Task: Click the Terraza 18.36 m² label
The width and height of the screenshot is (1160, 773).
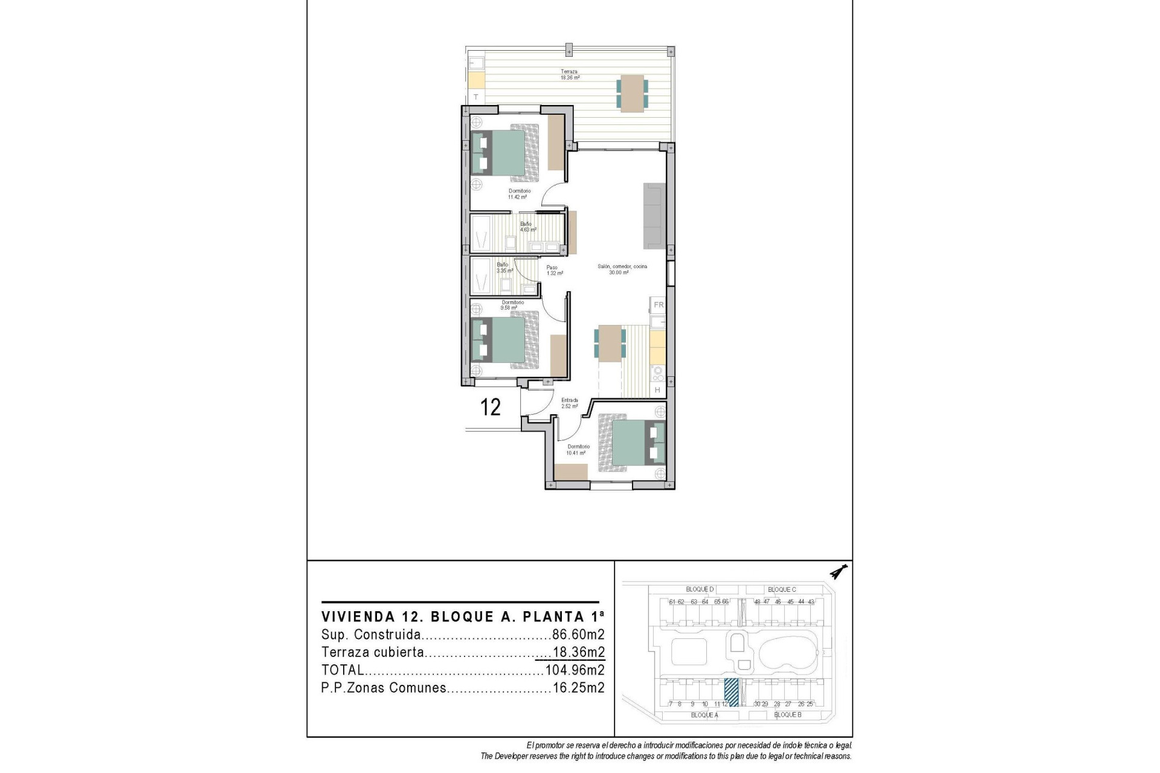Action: [x=569, y=74]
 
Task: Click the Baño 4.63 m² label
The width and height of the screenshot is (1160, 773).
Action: [x=528, y=226]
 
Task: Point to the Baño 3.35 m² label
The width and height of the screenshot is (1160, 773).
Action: [x=504, y=268]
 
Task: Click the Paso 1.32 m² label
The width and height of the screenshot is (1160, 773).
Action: [x=555, y=270]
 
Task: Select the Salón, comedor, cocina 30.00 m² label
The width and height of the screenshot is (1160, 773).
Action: [x=622, y=269]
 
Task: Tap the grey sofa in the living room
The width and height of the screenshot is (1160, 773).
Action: [x=654, y=216]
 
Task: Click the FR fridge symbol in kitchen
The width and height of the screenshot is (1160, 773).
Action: [x=659, y=305]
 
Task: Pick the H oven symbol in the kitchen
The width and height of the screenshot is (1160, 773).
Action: [x=658, y=391]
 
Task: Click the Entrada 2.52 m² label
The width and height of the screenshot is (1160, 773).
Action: [x=569, y=403]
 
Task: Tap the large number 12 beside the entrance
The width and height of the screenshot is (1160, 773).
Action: [x=490, y=408]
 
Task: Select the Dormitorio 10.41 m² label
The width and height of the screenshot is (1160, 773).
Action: [x=578, y=449]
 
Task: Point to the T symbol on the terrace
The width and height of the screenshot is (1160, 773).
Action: [x=476, y=97]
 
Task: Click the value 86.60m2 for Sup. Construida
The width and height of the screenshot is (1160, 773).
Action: [x=578, y=635]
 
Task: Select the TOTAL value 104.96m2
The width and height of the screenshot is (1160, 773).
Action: [x=575, y=670]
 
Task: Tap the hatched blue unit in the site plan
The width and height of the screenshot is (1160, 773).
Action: [x=731, y=692]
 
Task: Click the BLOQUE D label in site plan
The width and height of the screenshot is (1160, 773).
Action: [x=700, y=589]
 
